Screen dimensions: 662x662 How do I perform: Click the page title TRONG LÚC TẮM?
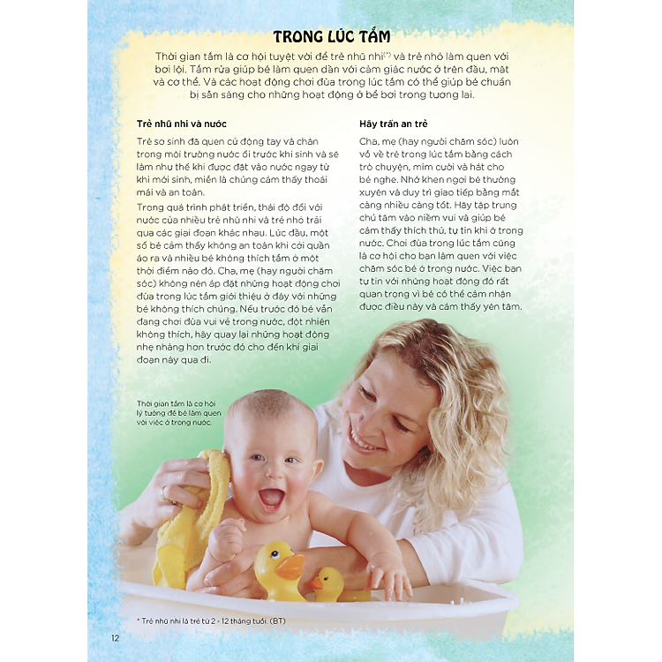click(x=331, y=37)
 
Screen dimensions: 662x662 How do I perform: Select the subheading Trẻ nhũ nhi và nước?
click(x=182, y=124)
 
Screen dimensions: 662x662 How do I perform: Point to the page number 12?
click(x=115, y=638)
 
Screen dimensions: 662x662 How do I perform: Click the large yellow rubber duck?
click(x=279, y=570)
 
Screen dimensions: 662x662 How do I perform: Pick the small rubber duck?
click(x=327, y=583)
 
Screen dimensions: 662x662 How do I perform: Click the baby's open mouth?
click(x=271, y=497)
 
